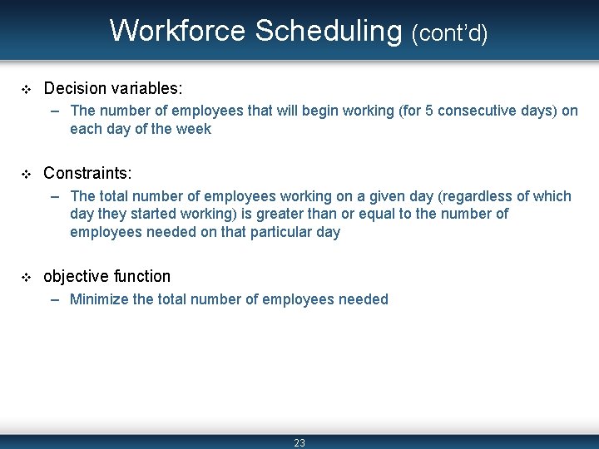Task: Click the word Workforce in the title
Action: click(178, 31)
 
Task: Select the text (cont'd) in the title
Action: click(449, 32)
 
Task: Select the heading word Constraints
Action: click(87, 173)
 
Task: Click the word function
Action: click(142, 277)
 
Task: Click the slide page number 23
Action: click(299, 442)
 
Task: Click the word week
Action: click(195, 129)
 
